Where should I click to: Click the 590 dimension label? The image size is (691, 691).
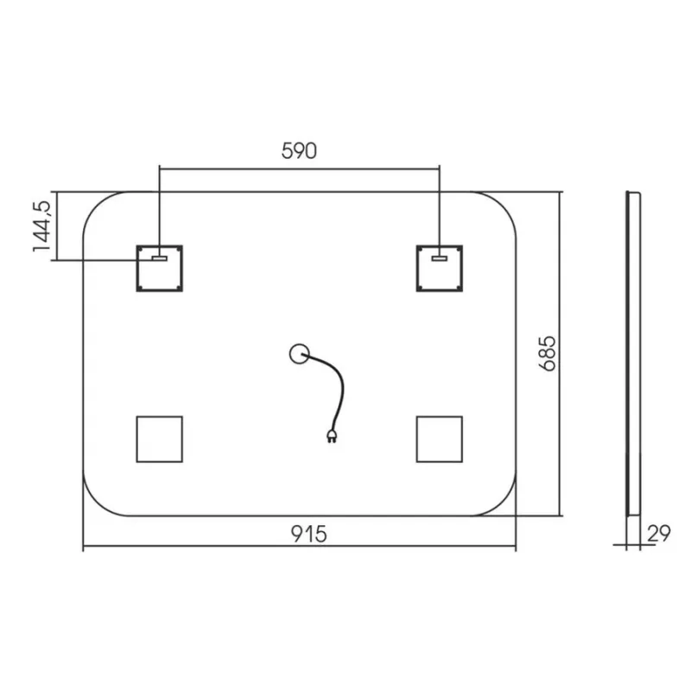pos(299,150)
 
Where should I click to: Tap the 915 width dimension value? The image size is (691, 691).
pos(309,534)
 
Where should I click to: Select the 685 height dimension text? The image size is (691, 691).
pos(548,354)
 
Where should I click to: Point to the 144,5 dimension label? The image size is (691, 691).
pos(42,226)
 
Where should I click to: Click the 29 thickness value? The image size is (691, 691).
pos(659,533)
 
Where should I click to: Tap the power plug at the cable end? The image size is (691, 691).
pos(332,436)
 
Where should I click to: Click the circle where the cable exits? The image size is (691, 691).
pos(299,354)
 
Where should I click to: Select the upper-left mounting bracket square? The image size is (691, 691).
pos(160,269)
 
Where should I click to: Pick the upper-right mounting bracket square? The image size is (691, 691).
pos(440,269)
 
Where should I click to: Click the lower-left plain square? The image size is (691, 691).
pos(160,439)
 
